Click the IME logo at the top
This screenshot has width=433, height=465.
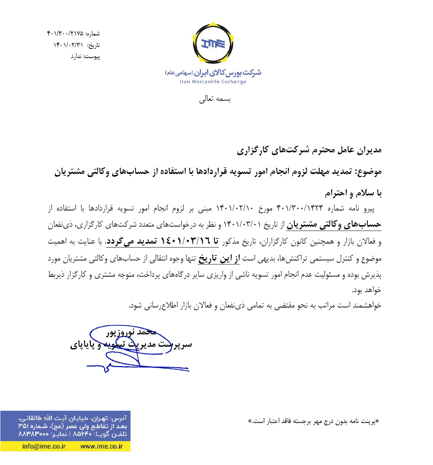tap(213, 43)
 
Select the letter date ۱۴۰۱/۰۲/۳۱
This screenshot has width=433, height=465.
tap(68, 45)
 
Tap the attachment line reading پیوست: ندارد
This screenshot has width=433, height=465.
tap(85, 57)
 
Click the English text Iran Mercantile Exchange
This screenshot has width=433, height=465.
tap(213, 82)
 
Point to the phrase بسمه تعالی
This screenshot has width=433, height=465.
tap(215, 99)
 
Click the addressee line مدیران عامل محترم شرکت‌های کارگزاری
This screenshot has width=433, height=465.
tap(309, 150)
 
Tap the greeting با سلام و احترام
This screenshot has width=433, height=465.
tap(353, 193)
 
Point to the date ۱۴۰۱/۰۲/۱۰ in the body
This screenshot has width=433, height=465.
tap(235, 209)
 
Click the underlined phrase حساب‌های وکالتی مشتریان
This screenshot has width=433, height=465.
tap(334, 224)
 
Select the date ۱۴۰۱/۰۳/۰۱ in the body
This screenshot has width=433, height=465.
tap(242, 224)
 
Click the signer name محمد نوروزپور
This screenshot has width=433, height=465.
tap(131, 332)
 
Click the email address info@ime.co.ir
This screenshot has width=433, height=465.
tap(44, 447)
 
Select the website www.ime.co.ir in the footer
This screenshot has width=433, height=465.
tap(102, 447)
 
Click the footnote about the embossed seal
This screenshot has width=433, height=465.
tap(314, 421)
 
